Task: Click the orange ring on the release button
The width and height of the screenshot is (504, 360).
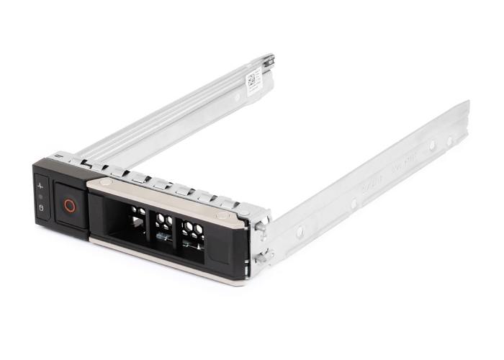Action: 70,205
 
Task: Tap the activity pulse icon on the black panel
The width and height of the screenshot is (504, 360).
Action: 40,186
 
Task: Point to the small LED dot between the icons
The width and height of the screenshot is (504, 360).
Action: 41,197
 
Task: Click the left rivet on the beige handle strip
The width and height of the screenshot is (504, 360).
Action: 106,183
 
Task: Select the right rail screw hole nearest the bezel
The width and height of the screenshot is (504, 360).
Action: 300,231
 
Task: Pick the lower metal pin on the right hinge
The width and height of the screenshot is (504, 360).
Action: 260,256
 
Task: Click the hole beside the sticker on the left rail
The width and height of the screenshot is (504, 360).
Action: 237,94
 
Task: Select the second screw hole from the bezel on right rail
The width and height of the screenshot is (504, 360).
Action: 354,204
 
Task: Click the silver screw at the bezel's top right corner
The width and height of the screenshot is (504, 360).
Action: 243,212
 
